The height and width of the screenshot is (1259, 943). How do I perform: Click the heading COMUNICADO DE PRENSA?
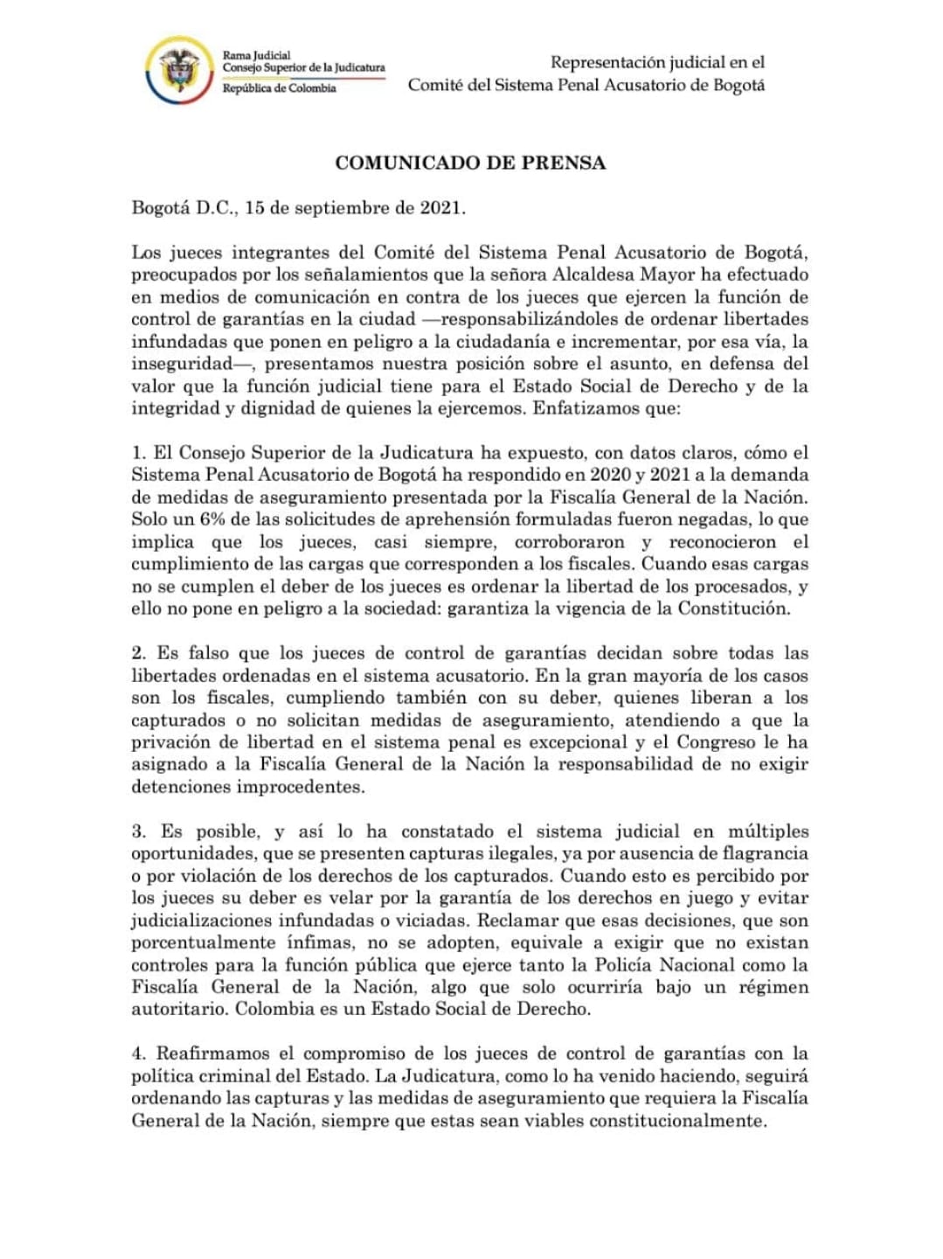click(x=470, y=163)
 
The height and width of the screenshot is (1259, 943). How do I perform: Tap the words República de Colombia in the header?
click(x=279, y=88)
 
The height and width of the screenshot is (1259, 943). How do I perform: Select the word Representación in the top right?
click(x=607, y=62)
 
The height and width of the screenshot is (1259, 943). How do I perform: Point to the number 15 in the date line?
click(x=254, y=208)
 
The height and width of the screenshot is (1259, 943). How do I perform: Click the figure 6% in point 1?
click(x=213, y=519)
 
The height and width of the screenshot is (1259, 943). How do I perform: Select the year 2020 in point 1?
click(x=612, y=475)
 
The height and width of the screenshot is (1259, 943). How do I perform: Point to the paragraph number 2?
click(x=139, y=653)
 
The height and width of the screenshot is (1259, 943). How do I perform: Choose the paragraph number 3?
click(x=139, y=831)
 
